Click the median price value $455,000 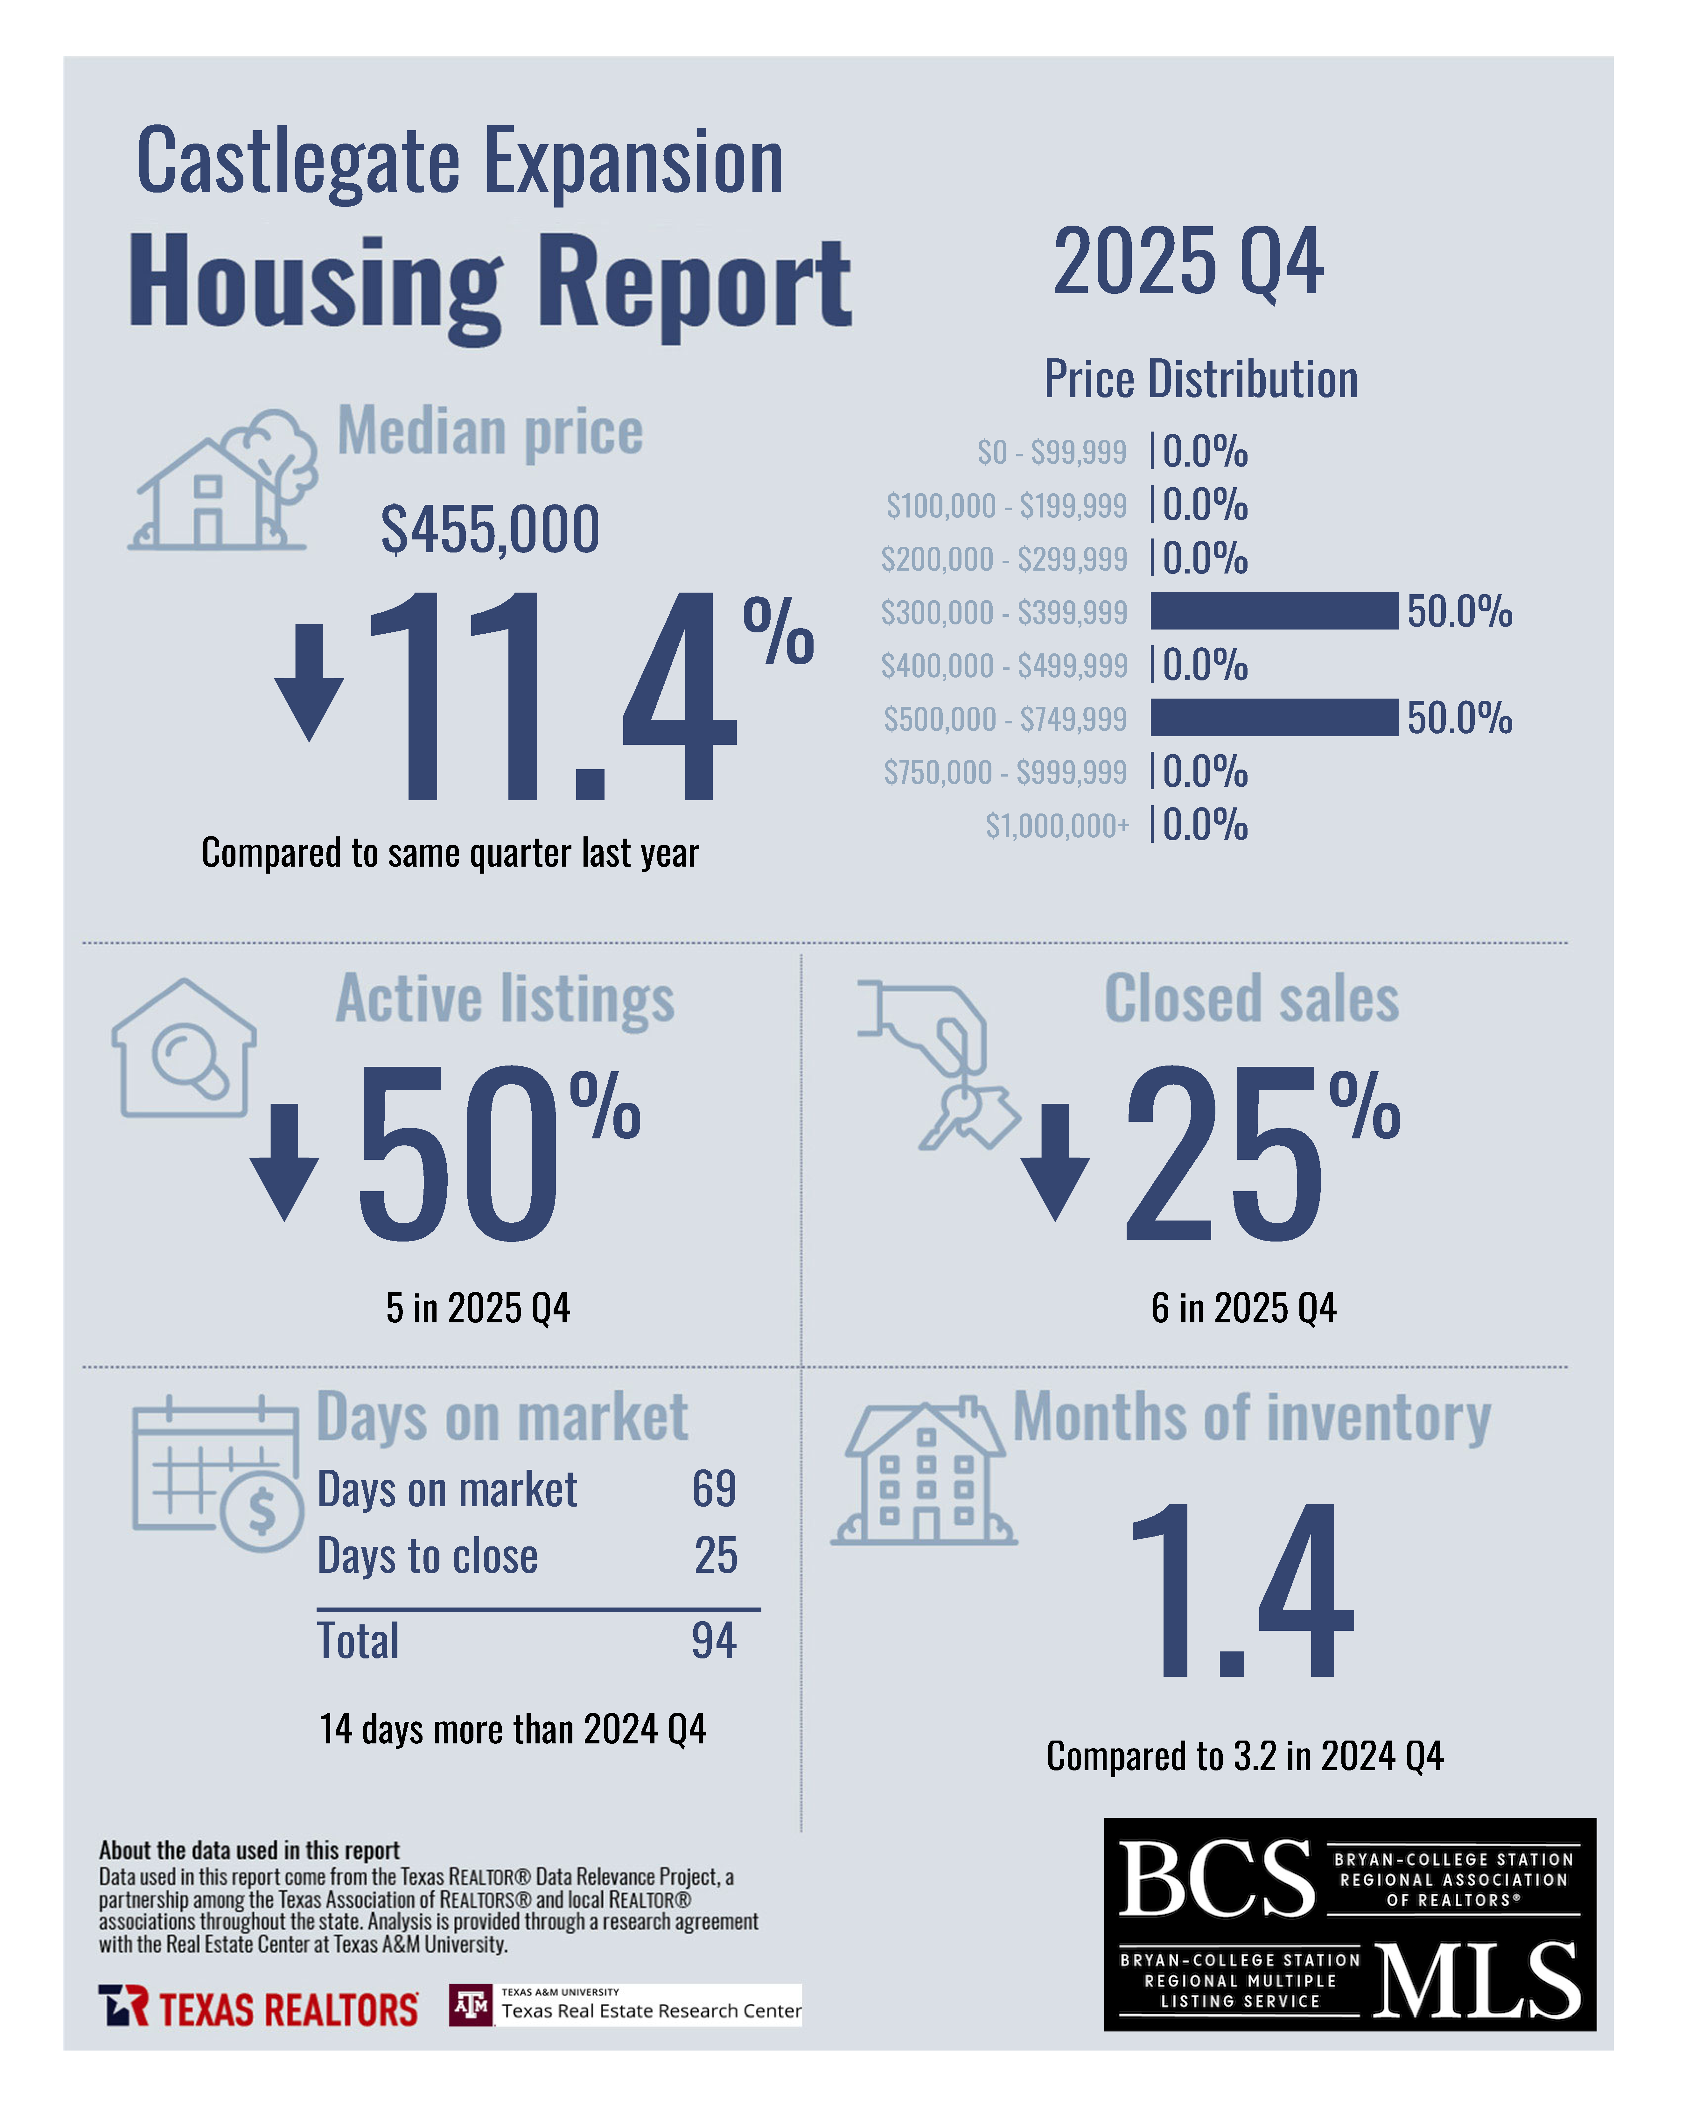490,530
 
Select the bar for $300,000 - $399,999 1273,611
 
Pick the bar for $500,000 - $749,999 1273,718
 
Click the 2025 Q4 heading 1188,263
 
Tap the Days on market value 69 714,1489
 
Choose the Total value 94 714,1641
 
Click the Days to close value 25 716,1556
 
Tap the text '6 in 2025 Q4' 1243,1308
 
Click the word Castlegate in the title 297,162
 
